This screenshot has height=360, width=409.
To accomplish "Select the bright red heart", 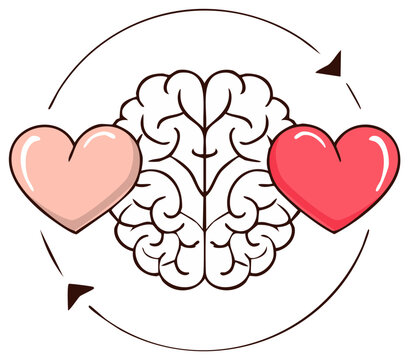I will pos(333,172).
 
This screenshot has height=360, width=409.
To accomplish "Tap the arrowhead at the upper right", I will pos(330,67).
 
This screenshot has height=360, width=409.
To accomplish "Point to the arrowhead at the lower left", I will pos(76,293).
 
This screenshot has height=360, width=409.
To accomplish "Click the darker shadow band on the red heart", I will pos(300,200).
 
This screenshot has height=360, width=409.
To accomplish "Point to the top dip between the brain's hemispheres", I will pos(207,84).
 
